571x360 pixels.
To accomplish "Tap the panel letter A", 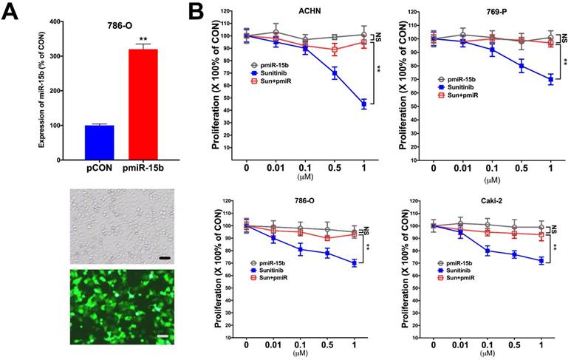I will point(14,13).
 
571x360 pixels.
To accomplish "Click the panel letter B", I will point(194,13).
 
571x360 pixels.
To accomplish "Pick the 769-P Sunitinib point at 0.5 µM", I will point(522,66).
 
